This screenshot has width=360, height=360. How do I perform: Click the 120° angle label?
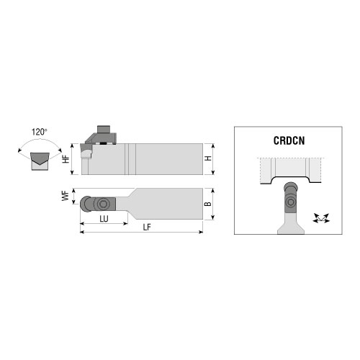pyautogui.click(x=40, y=132)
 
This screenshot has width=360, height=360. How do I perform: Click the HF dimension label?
pyautogui.click(x=66, y=159)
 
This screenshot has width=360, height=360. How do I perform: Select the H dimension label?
pyautogui.click(x=208, y=158)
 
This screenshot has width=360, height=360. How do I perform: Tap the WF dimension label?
pyautogui.click(x=66, y=196)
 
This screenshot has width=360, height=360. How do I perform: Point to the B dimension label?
pyautogui.click(x=208, y=204)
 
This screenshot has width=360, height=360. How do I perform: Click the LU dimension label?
pyautogui.click(x=104, y=219)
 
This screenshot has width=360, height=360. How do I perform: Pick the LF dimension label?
pyautogui.click(x=147, y=227)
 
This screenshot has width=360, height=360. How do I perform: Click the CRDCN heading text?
pyautogui.click(x=289, y=140)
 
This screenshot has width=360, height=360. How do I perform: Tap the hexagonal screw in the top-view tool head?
pyautogui.click(x=103, y=204)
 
